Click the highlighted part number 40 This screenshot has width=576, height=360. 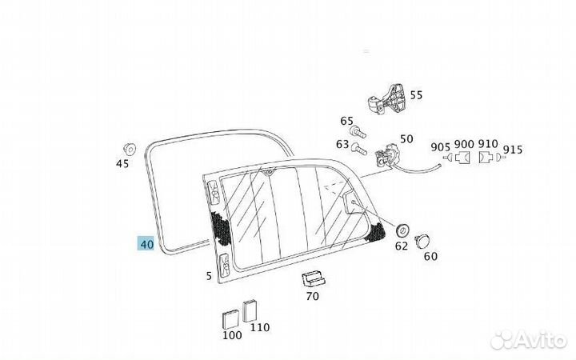click(146, 244)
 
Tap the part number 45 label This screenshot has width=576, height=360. click(122, 164)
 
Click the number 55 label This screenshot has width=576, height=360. click(416, 95)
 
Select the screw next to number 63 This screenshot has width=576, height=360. click(360, 147)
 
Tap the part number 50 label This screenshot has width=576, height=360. click(406, 139)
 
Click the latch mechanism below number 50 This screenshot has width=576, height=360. click(390, 154)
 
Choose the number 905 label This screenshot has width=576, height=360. click(440, 146)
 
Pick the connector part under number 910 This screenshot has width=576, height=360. click(486, 160)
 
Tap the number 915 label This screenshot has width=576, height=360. click(513, 149)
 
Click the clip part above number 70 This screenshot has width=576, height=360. click(313, 279)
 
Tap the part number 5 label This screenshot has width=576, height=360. click(209, 277)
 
